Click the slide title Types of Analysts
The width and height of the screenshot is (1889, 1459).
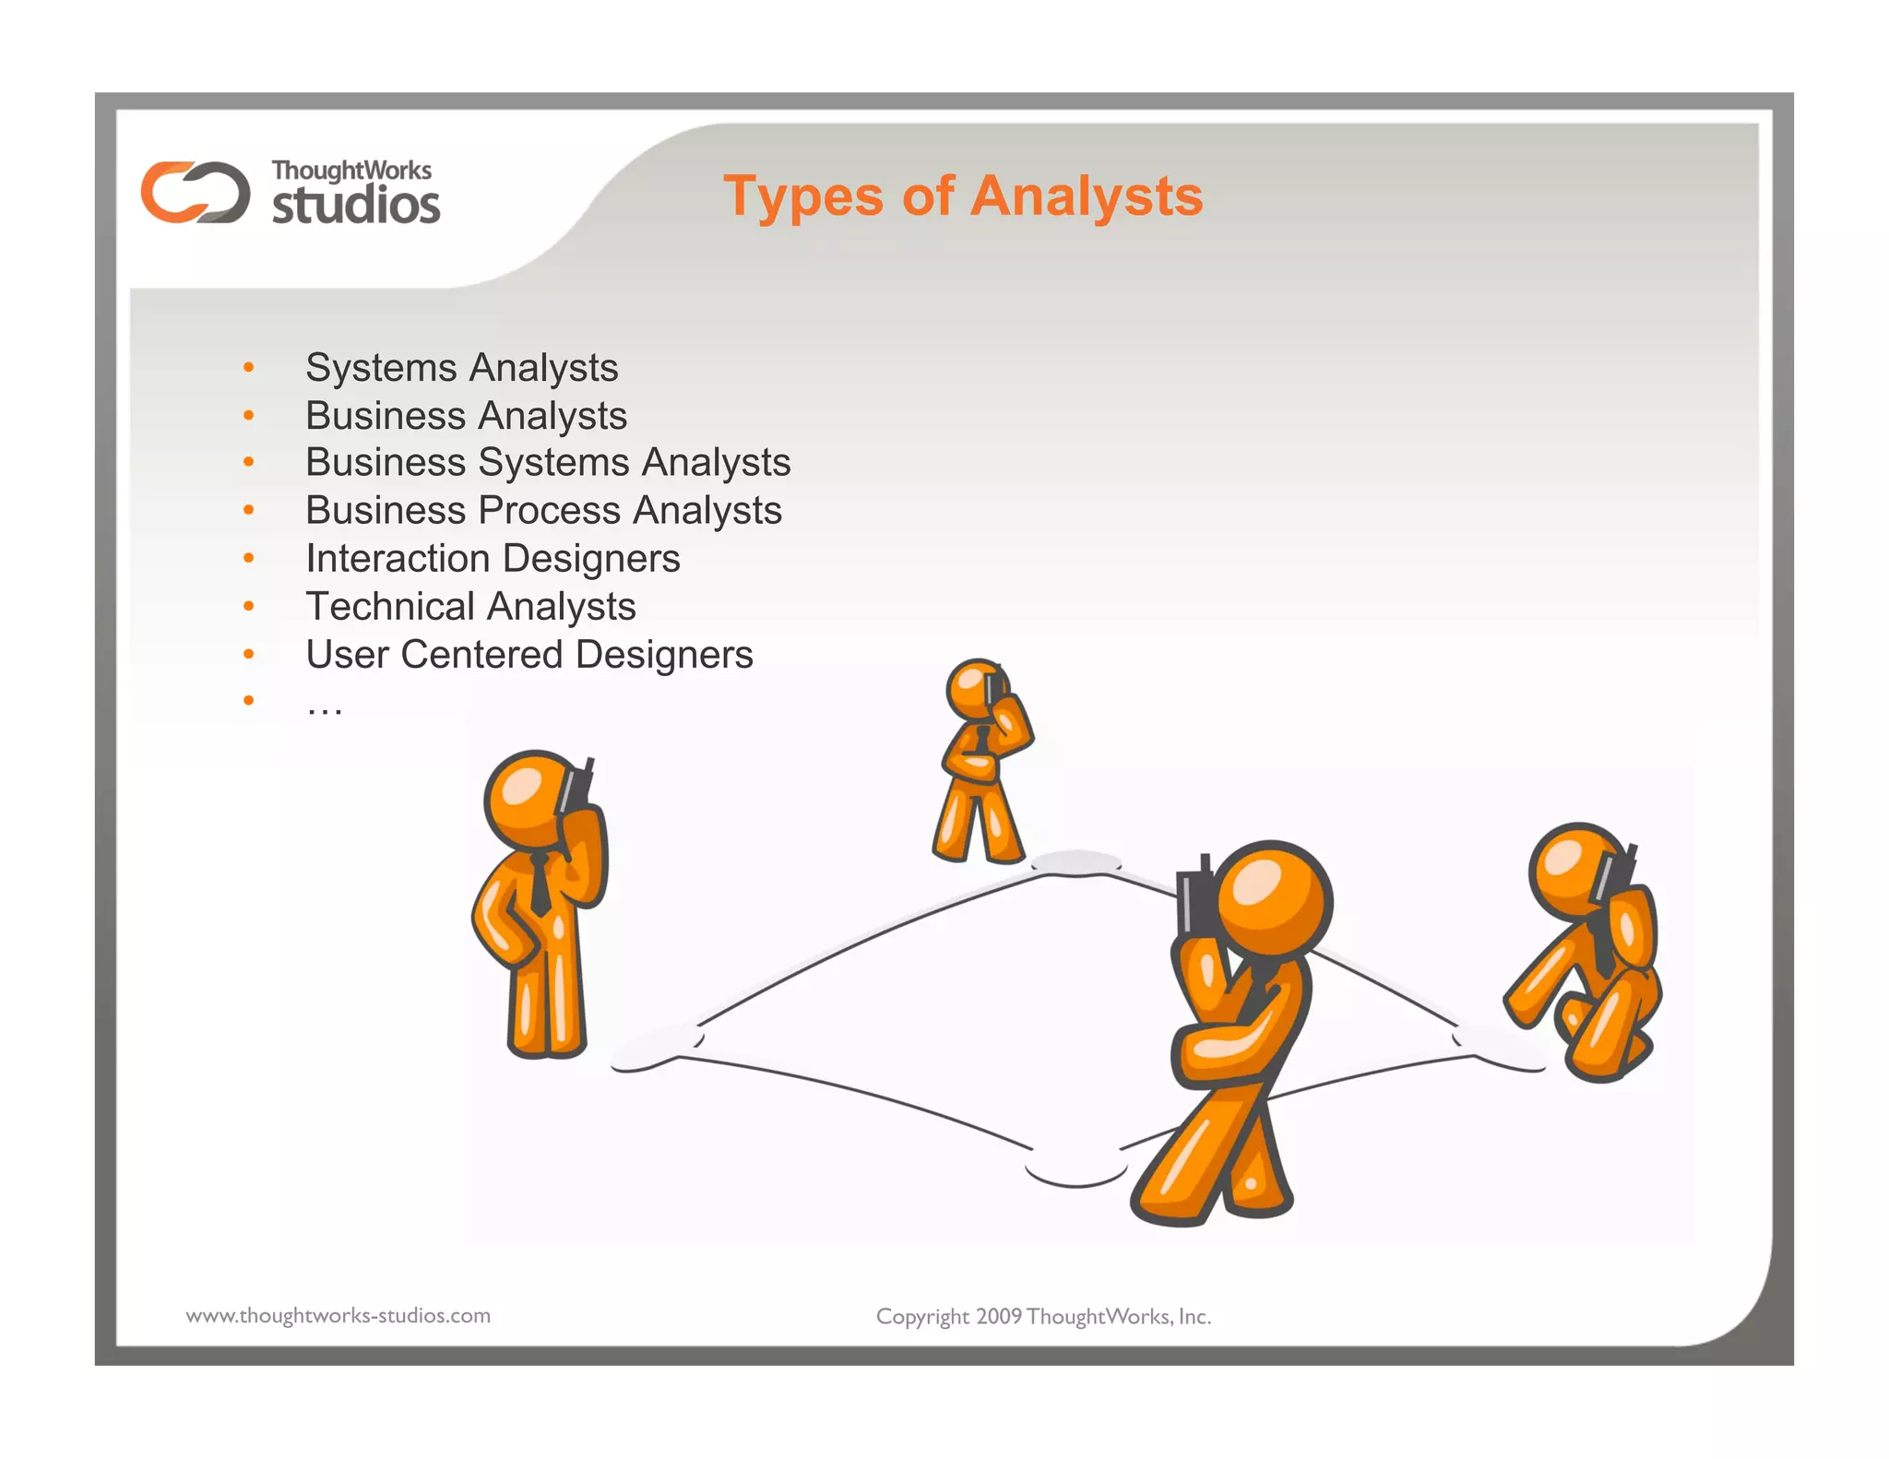(963, 196)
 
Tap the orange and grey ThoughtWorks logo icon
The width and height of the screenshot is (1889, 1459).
(195, 192)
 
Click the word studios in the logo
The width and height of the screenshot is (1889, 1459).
(356, 205)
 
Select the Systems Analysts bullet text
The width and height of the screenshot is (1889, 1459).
(461, 367)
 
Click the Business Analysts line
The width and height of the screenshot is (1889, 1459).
(466, 415)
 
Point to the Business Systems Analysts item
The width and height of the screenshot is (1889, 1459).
(548, 462)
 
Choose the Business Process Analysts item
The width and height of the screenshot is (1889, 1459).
(543, 510)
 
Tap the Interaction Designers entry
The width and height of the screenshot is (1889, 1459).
(493, 558)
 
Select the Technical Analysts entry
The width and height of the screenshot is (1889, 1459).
(470, 606)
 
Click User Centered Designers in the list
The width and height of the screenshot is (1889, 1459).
(529, 654)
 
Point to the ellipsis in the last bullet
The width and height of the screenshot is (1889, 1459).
(325, 708)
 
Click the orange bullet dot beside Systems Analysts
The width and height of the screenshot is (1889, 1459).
(248, 368)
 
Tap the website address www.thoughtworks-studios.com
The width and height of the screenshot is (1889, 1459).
(338, 1315)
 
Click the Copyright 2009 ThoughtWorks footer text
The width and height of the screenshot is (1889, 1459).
(1043, 1316)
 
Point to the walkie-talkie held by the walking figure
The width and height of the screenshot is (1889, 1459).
(1195, 896)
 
